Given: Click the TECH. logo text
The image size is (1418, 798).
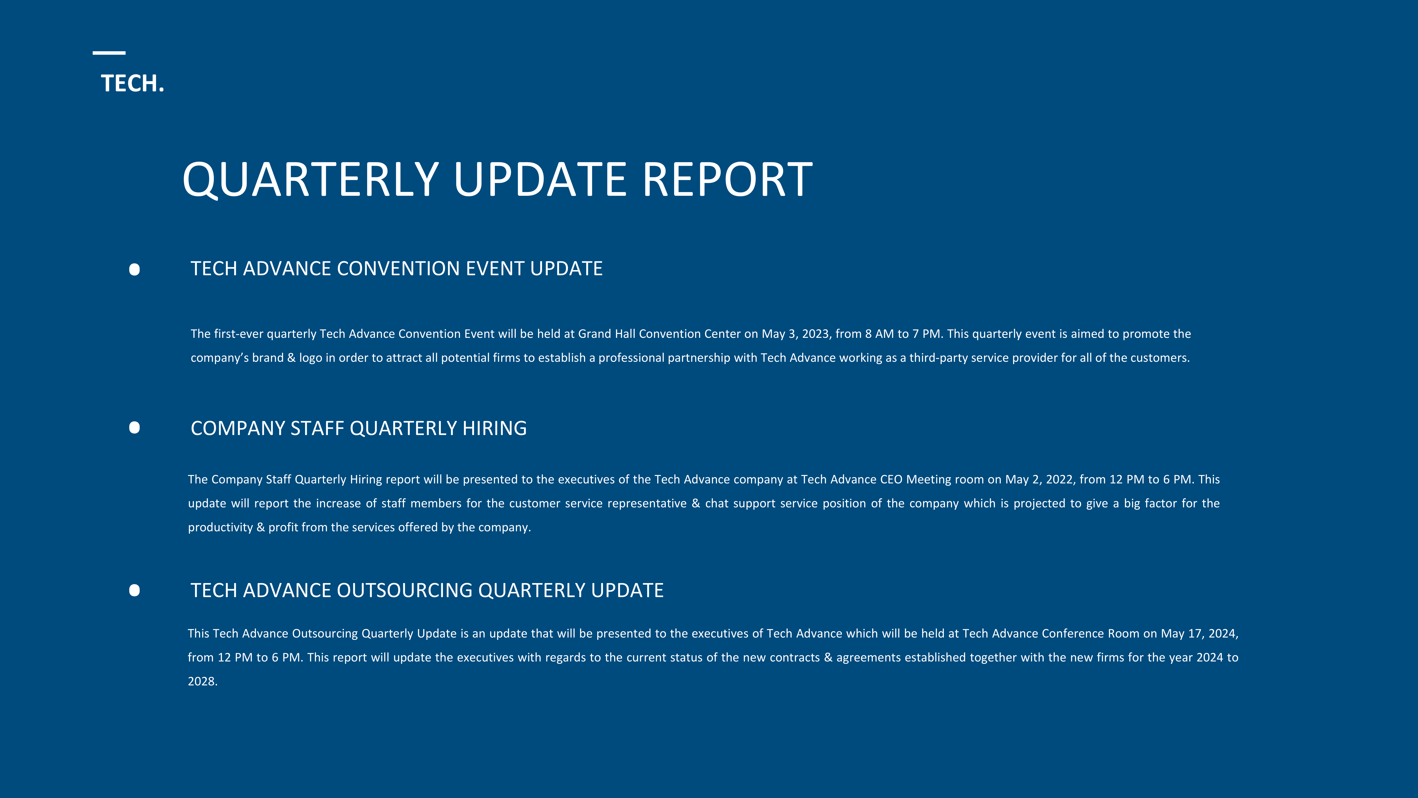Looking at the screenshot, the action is pos(133,84).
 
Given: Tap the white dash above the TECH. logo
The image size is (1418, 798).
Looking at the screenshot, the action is pos(109,53).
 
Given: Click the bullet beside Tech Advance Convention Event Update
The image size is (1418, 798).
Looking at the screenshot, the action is pos(134,269).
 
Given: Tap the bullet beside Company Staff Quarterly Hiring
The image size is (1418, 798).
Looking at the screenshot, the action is pos(134,428).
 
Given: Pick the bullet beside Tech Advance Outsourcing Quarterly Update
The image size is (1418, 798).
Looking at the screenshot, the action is pos(134,590).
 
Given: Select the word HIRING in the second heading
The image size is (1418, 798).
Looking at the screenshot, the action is pos(494,428).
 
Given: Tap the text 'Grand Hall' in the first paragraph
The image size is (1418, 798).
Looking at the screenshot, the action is pos(607,334).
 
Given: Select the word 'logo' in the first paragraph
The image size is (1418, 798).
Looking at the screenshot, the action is pos(311,358).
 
